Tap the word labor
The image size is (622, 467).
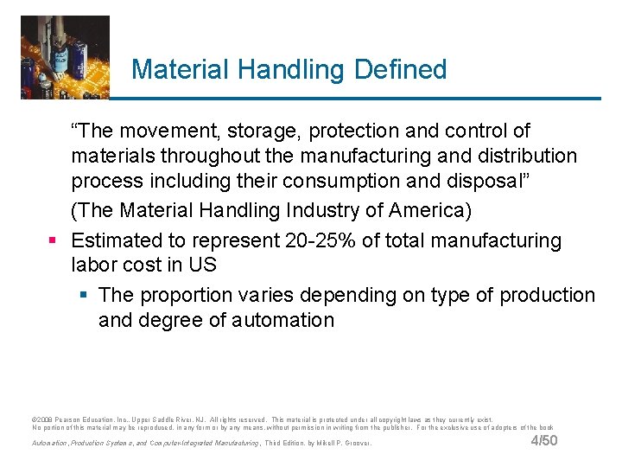pyautogui.click(x=95, y=265)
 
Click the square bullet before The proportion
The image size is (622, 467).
pyautogui.click(x=83, y=296)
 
